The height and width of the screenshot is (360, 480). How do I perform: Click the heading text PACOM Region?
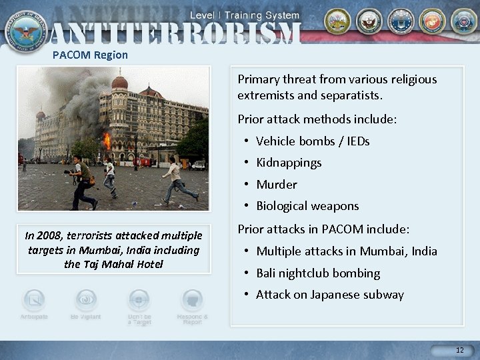point(90,55)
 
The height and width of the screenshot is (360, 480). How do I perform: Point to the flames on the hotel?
point(107,141)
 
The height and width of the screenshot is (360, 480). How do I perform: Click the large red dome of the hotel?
point(119,83)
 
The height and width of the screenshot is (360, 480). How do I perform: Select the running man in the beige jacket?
point(176,178)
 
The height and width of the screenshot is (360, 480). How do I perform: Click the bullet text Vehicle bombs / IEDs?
point(312,141)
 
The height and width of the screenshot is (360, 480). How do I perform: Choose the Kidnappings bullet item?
point(288,163)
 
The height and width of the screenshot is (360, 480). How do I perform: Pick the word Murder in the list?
point(276,185)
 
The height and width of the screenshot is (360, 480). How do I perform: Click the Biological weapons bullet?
point(307,206)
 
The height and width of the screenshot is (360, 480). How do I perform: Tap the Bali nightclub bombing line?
point(317,273)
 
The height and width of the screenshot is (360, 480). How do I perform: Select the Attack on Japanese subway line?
point(329,295)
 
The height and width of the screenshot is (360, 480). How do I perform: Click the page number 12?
point(459,350)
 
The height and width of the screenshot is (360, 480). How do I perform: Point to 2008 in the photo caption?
point(51,235)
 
